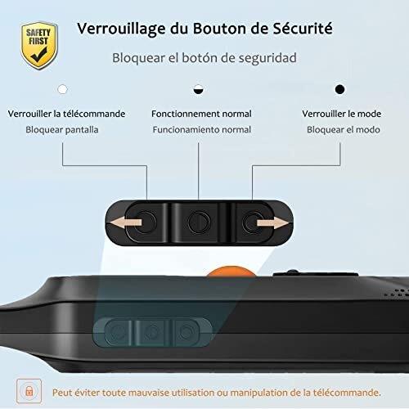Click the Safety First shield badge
coord(39,46)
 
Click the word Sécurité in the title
coord(303,28)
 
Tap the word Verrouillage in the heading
coord(121,29)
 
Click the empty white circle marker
coord(62,89)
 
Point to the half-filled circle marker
coord(198,89)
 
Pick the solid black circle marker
coord(339,89)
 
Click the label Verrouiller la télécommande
coord(66,114)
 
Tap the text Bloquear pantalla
coord(62,129)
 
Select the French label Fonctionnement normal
coord(201,114)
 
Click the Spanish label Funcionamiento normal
coord(202,129)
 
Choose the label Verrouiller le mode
coord(342,114)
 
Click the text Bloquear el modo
coord(344,129)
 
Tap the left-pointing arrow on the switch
coord(125,222)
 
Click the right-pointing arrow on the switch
coord(273,223)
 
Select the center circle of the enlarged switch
coord(199,222)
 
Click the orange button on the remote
coord(231,272)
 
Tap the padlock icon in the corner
coord(29,391)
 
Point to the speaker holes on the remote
coord(397,293)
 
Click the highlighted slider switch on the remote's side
coord(153,332)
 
